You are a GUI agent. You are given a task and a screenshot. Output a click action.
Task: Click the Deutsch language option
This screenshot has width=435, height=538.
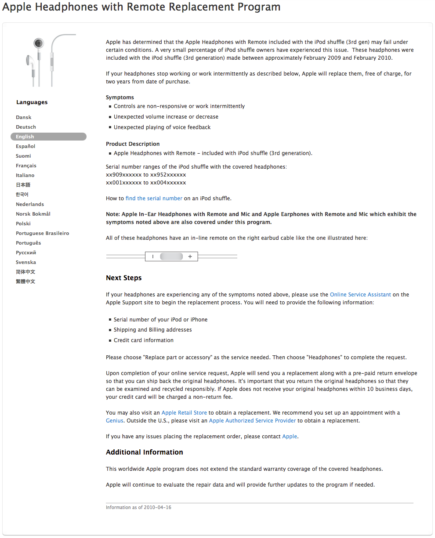[26, 127]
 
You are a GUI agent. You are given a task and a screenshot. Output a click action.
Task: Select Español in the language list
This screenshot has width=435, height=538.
[25, 146]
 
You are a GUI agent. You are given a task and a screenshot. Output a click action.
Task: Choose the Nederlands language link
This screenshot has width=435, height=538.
[30, 204]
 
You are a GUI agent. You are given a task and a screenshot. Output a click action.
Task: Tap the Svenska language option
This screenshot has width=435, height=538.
[26, 262]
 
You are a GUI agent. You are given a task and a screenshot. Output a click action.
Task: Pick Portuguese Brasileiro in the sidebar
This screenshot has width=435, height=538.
[42, 233]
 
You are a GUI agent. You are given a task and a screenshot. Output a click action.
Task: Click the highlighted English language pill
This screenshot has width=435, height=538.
[48, 137]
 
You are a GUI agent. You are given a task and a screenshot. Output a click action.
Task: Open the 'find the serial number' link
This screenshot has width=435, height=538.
[154, 199]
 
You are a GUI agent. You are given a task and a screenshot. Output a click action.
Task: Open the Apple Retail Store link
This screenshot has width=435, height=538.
[184, 413]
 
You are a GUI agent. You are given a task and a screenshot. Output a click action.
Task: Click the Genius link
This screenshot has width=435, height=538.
[115, 421]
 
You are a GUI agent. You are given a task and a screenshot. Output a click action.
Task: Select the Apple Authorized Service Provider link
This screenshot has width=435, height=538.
[252, 421]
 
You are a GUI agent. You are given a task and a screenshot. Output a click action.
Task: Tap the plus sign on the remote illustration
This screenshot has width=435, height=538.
[190, 256]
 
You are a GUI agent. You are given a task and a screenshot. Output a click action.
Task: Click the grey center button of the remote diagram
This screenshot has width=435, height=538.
[171, 256]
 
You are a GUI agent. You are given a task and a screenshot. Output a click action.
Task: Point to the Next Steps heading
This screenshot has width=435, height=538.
[123, 278]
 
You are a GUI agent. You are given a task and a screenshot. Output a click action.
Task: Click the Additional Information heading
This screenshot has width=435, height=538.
[144, 452]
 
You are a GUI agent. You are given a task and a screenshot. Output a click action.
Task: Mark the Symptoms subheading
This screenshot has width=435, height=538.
[120, 97]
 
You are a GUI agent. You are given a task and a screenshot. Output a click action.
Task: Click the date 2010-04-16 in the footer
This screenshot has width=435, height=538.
[157, 508]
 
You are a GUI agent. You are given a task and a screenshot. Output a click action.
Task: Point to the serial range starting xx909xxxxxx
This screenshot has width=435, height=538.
[146, 175]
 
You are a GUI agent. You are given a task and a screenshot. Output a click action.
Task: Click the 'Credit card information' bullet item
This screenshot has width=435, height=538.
[143, 340]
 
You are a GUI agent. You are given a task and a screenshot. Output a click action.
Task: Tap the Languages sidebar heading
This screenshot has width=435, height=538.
[32, 102]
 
